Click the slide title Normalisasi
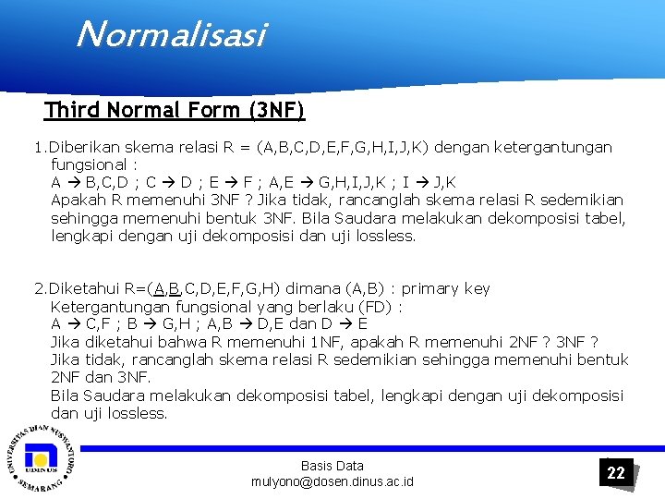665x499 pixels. (171, 35)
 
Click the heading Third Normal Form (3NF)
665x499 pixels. (175, 111)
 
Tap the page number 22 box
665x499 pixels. (616, 472)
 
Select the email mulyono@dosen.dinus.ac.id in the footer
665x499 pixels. (332, 481)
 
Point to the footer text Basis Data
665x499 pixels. (332, 466)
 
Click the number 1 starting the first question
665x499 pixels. (38, 148)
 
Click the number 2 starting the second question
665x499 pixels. (38, 289)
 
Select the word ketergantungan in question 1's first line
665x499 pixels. (553, 148)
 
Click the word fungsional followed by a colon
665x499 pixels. (89, 165)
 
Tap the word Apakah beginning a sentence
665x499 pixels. (78, 201)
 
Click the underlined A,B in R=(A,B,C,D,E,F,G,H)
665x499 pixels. (168, 289)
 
